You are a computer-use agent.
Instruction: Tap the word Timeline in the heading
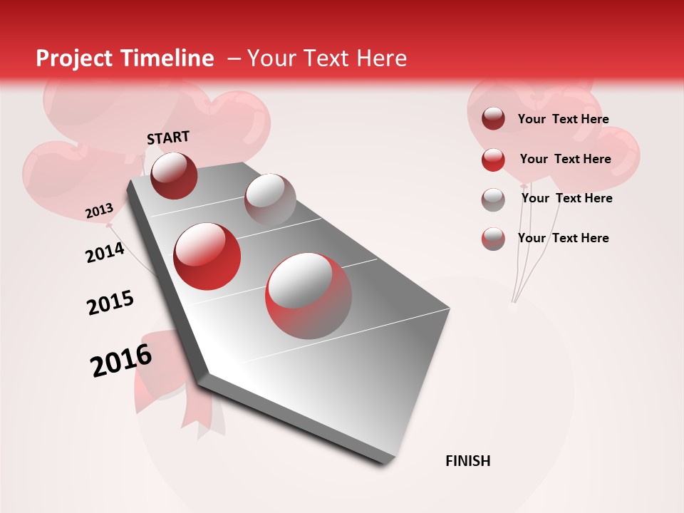167,58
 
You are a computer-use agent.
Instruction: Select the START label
168,138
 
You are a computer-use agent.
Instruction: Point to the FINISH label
467,461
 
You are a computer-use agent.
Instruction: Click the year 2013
99,211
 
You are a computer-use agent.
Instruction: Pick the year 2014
105,252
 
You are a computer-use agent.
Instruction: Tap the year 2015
110,303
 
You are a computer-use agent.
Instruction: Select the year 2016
121,361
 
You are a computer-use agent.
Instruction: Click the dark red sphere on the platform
174,175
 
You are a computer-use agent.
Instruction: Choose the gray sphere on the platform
270,199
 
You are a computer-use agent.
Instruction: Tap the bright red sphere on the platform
207,256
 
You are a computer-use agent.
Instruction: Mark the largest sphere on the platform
309,296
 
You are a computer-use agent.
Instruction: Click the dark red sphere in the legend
493,119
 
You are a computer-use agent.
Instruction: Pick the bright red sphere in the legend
493,160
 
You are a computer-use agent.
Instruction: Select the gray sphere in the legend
493,199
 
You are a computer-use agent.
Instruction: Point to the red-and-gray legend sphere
493,239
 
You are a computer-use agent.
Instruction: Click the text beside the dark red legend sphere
563,119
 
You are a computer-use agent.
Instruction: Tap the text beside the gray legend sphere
566,198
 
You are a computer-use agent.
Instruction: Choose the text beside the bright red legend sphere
565,159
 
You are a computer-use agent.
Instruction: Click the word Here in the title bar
381,58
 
